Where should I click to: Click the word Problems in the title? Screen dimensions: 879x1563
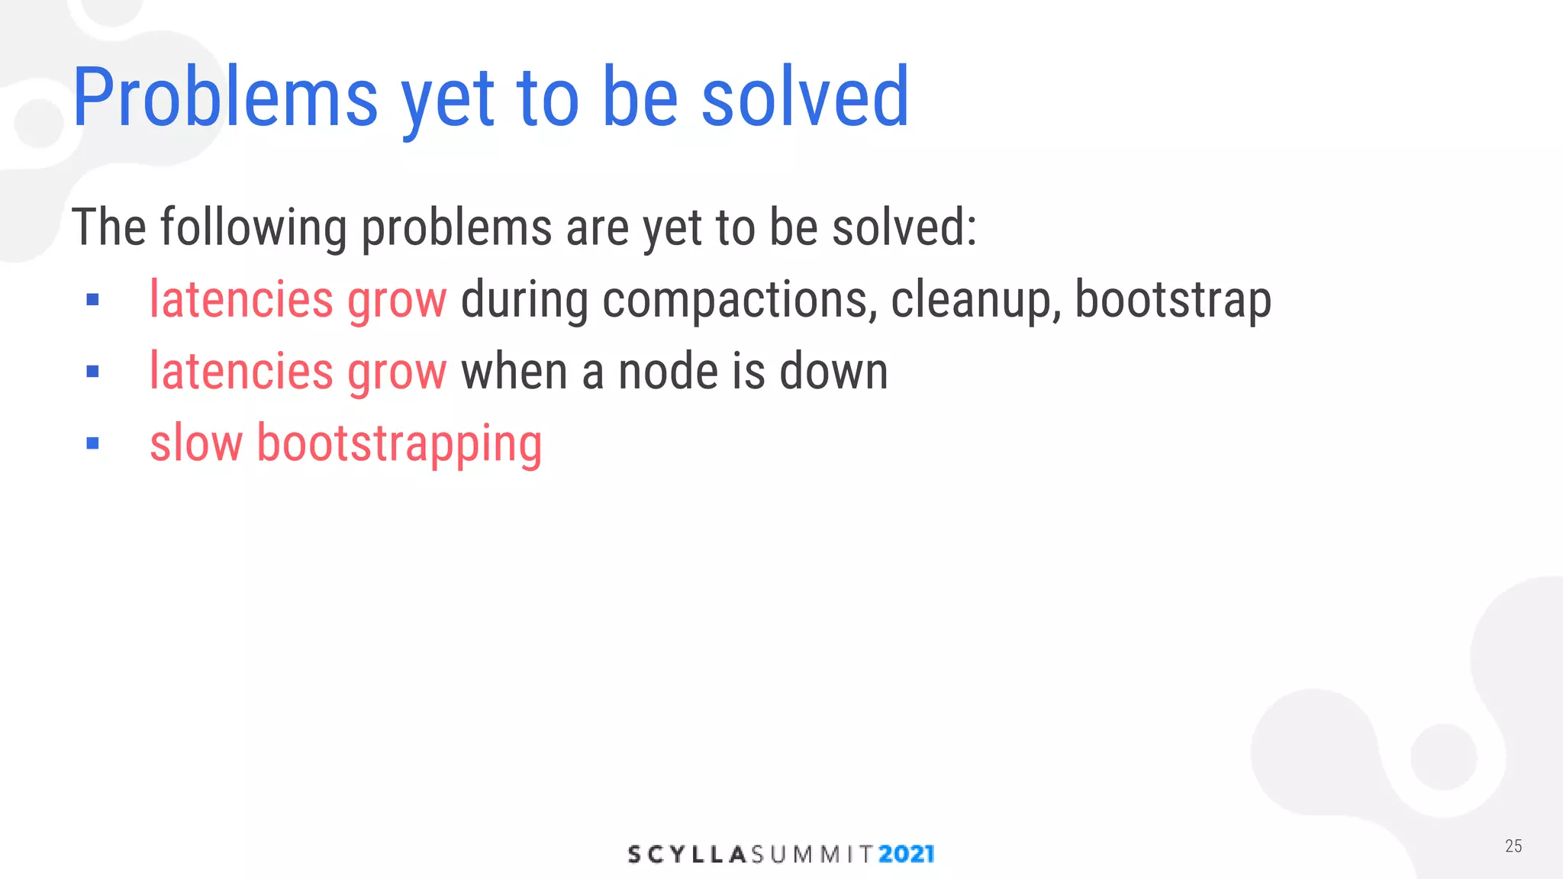click(x=225, y=99)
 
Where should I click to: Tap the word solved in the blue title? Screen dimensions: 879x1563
click(x=805, y=99)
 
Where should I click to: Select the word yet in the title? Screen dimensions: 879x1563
click(x=448, y=103)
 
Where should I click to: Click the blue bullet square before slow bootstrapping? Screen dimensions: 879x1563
click(x=93, y=443)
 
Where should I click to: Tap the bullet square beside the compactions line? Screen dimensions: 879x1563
click(x=93, y=300)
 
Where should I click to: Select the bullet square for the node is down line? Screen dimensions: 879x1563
click(x=93, y=372)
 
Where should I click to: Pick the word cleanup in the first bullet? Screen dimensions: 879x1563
click(x=976, y=300)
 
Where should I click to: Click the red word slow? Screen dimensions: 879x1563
click(x=196, y=443)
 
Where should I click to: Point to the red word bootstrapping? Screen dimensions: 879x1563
click(x=399, y=445)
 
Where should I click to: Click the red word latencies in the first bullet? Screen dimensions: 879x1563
click(x=241, y=299)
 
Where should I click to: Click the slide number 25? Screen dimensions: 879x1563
click(x=1513, y=845)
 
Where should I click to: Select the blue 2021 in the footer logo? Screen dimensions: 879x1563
click(x=906, y=854)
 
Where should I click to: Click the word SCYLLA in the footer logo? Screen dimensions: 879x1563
click(x=686, y=854)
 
